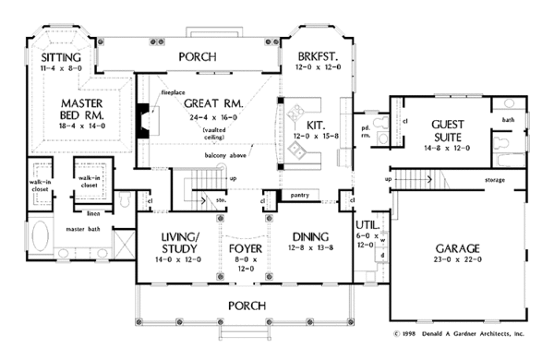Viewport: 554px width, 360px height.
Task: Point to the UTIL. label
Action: click(x=365, y=224)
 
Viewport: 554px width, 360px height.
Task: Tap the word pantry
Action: click(x=300, y=196)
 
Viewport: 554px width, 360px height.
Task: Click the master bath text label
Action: click(x=81, y=228)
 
